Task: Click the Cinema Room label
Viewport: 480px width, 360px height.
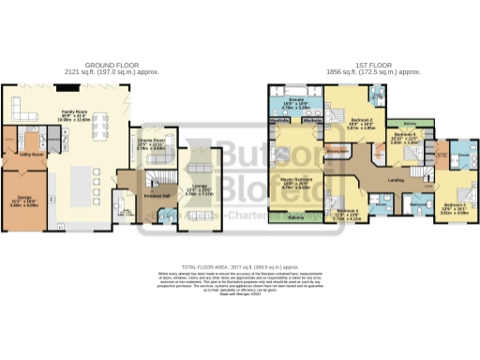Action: [x=150, y=140]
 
